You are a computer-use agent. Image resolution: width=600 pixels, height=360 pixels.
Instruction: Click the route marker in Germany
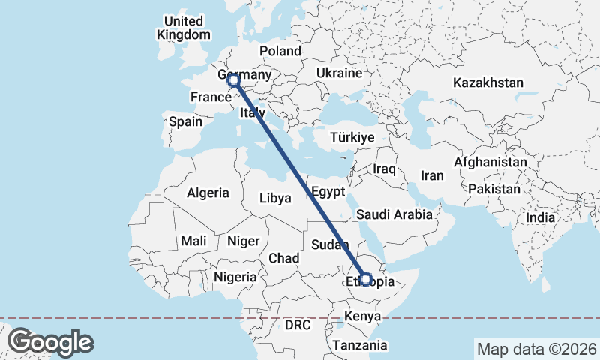(x=233, y=79)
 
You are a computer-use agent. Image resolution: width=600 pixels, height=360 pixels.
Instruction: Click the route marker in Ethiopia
(x=366, y=279)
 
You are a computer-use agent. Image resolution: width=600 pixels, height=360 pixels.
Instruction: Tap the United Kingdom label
(x=184, y=28)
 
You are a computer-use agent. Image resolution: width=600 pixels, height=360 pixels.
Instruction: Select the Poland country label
(x=280, y=51)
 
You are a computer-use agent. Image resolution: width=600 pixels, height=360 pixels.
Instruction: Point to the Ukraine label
(x=339, y=73)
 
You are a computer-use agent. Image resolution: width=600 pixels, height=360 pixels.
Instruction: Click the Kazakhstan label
(x=487, y=82)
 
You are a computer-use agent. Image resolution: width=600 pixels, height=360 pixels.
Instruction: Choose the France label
(x=210, y=97)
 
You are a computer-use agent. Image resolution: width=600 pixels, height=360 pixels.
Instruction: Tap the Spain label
(x=185, y=121)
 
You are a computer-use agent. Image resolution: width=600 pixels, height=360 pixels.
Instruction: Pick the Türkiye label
(x=352, y=138)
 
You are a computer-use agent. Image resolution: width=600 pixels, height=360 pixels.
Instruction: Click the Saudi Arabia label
(x=394, y=214)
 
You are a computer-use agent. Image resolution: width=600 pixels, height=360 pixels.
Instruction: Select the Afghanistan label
(x=490, y=162)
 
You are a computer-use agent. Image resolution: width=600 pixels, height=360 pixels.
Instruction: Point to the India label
(x=541, y=217)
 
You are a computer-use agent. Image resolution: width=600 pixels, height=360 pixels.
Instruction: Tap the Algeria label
(x=208, y=193)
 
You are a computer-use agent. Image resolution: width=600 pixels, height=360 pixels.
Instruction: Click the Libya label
(x=274, y=199)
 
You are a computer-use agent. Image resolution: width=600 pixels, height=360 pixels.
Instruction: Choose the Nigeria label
(x=235, y=277)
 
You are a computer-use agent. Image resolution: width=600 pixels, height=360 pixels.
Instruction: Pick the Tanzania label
(x=361, y=345)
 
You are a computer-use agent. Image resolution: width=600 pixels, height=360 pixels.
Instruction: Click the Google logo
(x=50, y=342)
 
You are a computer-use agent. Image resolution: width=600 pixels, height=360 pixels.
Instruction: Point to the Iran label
(x=432, y=175)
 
